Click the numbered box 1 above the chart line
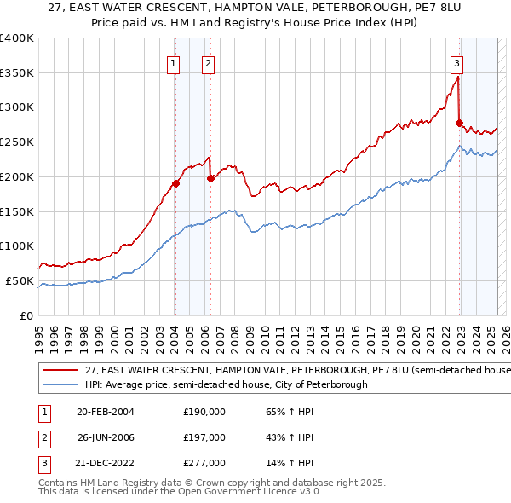click(x=174, y=62)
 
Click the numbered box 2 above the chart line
click(x=208, y=62)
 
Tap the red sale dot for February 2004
click(x=175, y=183)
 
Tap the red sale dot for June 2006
click(x=210, y=178)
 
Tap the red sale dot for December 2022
click(x=459, y=123)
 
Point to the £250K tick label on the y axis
click(x=17, y=142)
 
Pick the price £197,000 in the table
click(x=204, y=437)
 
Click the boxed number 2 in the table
click(x=42, y=437)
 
